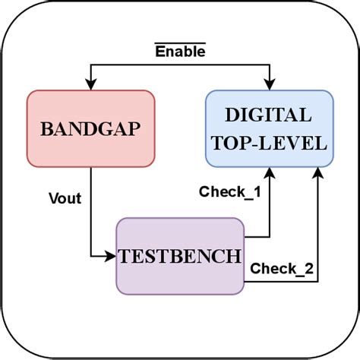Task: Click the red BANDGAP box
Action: [90, 128]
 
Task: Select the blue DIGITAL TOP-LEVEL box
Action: [268, 128]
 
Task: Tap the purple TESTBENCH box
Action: [180, 256]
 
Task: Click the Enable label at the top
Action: [180, 52]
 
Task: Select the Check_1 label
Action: [230, 192]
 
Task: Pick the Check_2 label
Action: [282, 267]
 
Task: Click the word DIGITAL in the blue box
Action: [268, 115]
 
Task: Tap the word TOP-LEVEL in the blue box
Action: [268, 142]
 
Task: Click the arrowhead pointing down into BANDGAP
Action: [90, 85]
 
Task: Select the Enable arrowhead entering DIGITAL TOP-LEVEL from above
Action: [268, 85]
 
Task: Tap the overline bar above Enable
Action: [180, 44]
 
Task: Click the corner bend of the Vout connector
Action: [90, 256]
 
